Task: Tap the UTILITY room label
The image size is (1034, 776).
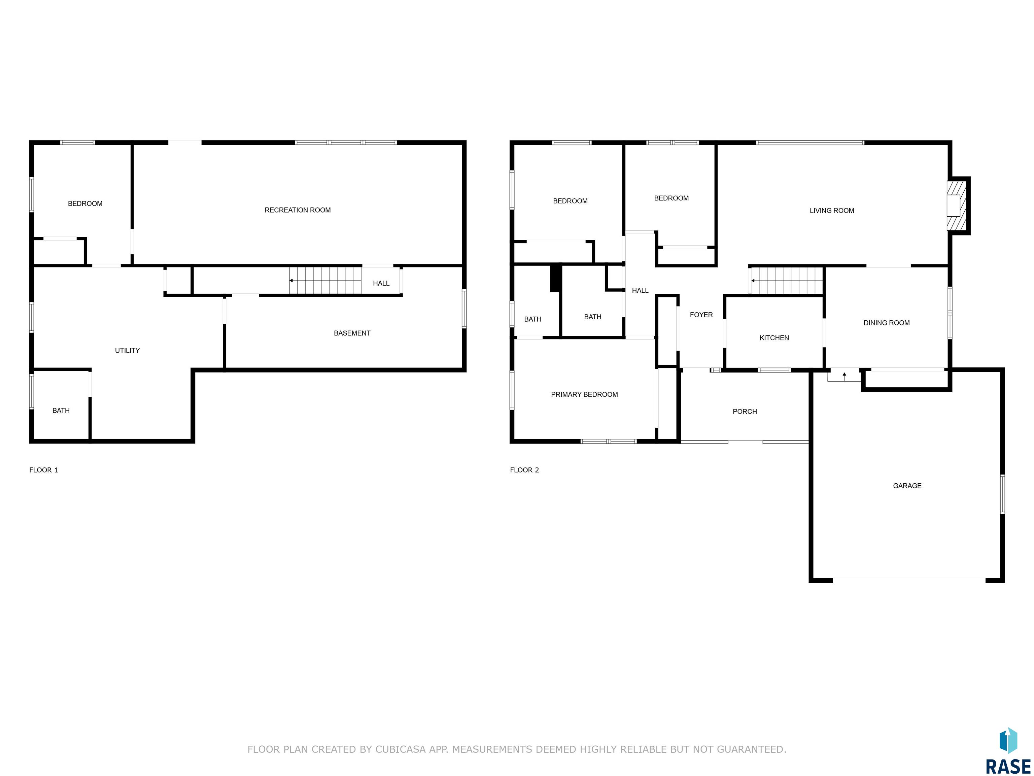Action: point(127,350)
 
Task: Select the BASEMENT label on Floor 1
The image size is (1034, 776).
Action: point(352,333)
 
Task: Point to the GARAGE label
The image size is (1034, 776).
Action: point(907,486)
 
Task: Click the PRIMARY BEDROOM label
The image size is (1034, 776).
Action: point(584,394)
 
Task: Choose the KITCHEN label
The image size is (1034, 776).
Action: point(774,338)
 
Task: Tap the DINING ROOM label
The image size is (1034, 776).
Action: point(886,323)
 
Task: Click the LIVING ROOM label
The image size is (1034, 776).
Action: point(832,211)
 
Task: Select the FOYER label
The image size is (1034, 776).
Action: point(701,315)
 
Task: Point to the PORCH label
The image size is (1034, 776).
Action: point(745,412)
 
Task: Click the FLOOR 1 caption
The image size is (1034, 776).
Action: point(43,470)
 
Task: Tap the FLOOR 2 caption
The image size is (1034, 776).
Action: point(524,470)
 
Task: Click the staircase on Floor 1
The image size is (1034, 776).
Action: point(325,281)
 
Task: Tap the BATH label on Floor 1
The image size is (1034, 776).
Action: point(61,411)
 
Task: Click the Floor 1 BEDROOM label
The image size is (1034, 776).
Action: point(85,203)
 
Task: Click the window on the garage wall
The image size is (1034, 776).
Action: point(1002,494)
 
